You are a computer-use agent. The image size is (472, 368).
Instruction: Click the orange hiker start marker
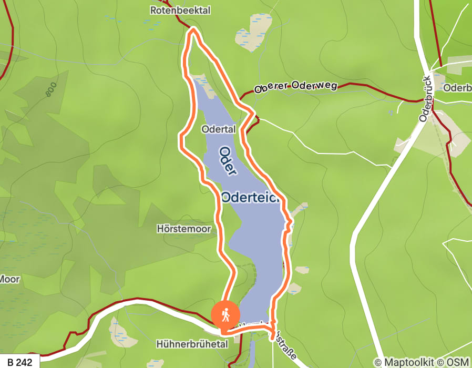[x=225, y=315]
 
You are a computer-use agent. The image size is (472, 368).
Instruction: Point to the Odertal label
[x=218, y=129]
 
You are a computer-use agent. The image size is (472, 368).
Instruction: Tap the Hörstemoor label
[x=183, y=229]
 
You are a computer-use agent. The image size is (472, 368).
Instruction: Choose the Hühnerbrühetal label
[x=192, y=344]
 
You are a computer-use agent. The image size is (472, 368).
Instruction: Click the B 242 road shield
[x=19, y=362]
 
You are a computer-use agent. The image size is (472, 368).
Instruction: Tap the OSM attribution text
[x=457, y=362]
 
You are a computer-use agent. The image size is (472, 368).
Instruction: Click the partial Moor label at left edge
[x=9, y=279]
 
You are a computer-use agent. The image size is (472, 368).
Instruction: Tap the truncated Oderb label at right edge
[x=457, y=88]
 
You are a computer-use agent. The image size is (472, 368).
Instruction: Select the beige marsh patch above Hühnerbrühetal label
[x=119, y=329]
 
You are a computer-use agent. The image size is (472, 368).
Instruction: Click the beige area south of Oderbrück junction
[x=452, y=138]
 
